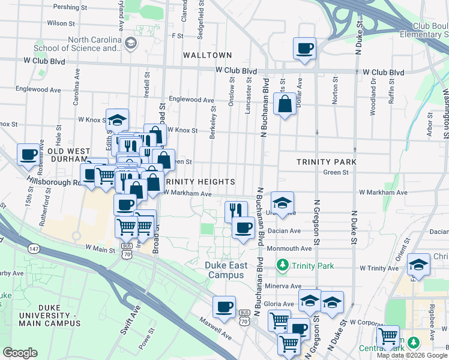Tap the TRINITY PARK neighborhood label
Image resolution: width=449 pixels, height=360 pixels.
click(x=327, y=162)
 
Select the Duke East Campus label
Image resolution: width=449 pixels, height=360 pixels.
click(x=225, y=270)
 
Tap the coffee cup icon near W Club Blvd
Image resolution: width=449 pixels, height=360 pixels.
click(x=304, y=48)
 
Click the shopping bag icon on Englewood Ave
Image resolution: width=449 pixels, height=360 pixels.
click(x=285, y=104)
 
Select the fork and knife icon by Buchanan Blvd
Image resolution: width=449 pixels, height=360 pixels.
click(x=236, y=211)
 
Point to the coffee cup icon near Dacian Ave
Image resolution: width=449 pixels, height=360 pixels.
click(x=243, y=229)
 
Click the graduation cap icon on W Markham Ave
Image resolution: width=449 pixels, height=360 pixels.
click(x=282, y=202)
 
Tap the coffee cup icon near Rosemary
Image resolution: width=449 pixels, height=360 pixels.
click(x=29, y=155)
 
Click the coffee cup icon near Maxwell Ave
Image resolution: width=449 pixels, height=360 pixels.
click(x=224, y=307)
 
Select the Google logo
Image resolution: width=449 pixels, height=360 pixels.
click(x=20, y=353)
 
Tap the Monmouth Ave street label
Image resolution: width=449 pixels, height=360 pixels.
click(x=294, y=248)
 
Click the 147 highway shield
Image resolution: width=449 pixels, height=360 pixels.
click(x=33, y=247)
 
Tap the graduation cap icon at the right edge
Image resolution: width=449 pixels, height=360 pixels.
click(x=418, y=265)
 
